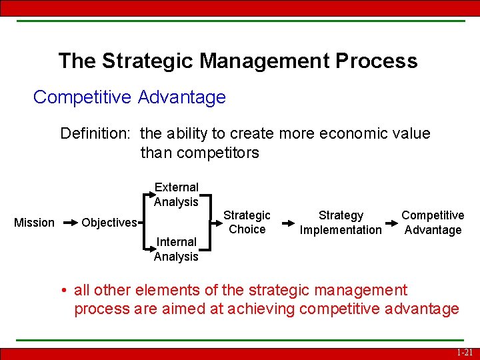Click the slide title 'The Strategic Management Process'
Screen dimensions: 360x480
(237, 61)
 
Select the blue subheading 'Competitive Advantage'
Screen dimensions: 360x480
(129, 97)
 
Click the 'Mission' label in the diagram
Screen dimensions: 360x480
(35, 223)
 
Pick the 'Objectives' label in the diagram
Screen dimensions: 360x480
(109, 223)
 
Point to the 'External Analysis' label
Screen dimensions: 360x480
(176, 195)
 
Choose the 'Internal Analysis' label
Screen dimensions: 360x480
(176, 249)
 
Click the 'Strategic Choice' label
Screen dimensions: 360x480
(247, 222)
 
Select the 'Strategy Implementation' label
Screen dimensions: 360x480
(341, 223)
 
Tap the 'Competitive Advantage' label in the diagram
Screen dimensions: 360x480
(433, 223)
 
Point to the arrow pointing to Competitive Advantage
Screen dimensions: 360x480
(393, 223)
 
